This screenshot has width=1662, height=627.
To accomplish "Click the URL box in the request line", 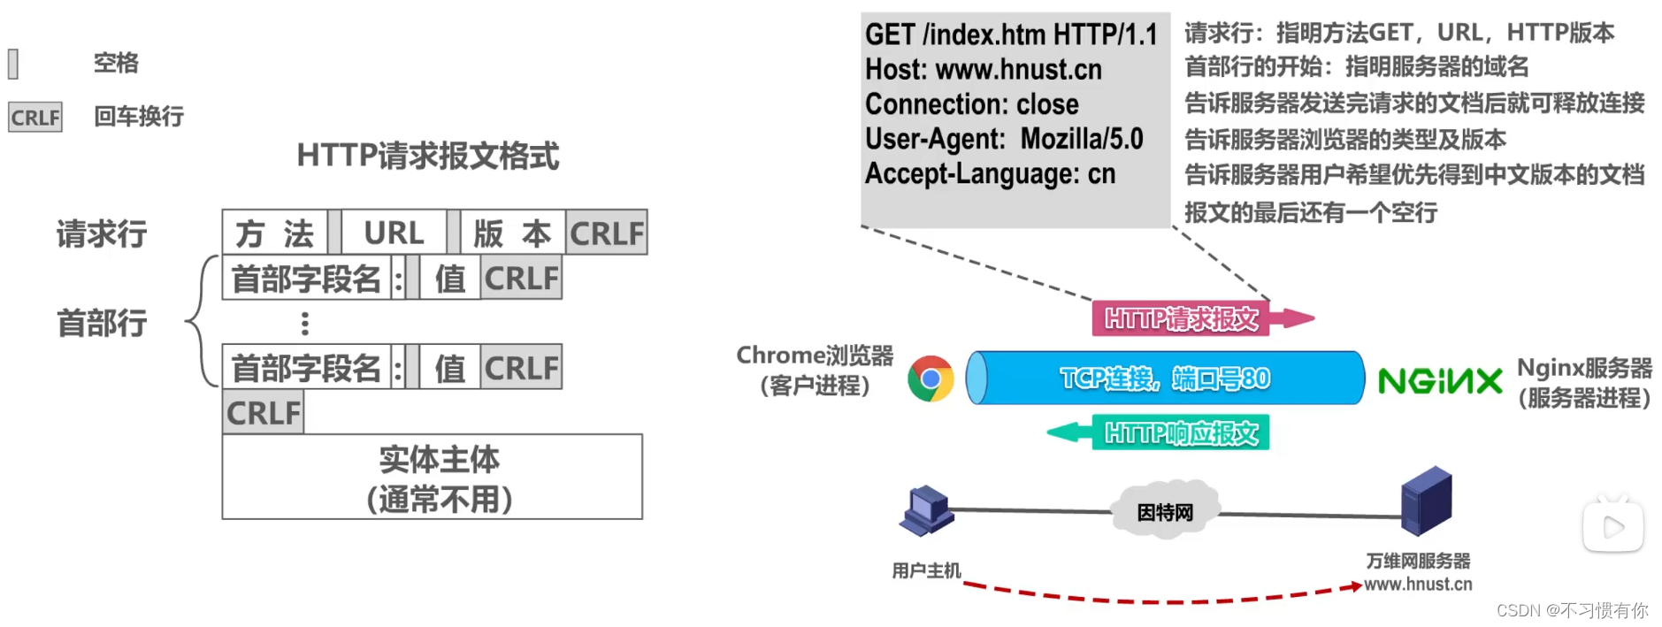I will [394, 233].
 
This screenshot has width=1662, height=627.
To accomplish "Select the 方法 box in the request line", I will [274, 233].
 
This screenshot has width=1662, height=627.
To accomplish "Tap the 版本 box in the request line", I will [511, 233].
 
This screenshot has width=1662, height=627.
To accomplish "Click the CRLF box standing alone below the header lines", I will [263, 413].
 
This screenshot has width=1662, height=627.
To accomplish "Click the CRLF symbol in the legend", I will [35, 117].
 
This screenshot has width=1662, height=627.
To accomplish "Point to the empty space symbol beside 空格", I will [13, 64].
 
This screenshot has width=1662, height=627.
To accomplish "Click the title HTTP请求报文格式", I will [427, 156].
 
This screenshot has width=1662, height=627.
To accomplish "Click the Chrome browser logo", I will [931, 379].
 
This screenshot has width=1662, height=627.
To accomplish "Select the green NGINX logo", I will [1440, 381].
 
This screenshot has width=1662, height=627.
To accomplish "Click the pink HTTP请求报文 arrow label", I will [1181, 318].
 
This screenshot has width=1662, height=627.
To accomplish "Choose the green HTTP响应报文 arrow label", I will [1181, 432].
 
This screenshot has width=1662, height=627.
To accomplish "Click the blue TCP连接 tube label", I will [1165, 378].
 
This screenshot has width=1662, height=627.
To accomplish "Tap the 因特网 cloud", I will [1165, 511].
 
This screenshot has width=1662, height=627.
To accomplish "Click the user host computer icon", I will [925, 511].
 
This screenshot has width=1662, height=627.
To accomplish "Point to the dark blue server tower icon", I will [1426, 501].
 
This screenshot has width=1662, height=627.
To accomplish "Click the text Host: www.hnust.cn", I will [983, 69].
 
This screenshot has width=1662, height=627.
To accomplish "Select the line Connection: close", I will [971, 104].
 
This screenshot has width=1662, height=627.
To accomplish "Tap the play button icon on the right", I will [1612, 527].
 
